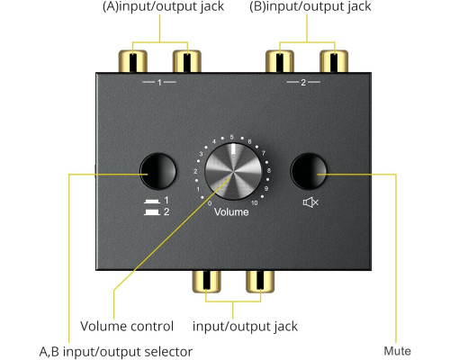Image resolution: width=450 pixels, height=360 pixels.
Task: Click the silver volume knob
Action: (x=233, y=171)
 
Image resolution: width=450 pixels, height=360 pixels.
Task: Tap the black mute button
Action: (x=309, y=171)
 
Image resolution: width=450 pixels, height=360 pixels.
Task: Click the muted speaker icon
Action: (x=310, y=202)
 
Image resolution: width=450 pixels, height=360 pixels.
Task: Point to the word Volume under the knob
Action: (x=231, y=212)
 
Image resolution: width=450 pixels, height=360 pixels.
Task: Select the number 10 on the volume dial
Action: (x=255, y=203)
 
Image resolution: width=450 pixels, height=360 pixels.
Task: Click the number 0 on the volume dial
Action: (x=210, y=203)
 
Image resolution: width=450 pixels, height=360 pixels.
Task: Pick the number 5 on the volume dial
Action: (x=231, y=137)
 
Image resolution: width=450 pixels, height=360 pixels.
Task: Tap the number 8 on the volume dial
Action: (x=269, y=170)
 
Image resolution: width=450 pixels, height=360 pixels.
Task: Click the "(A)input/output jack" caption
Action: (x=163, y=6)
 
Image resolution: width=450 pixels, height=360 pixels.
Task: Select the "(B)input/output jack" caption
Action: (x=310, y=6)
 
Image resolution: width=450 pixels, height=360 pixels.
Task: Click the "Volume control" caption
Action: (x=127, y=326)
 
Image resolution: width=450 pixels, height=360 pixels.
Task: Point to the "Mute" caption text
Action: (x=397, y=351)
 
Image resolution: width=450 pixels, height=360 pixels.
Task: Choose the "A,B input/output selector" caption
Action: (x=116, y=352)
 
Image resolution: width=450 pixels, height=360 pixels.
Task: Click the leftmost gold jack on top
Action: (x=133, y=61)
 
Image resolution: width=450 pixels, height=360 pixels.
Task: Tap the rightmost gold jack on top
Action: (x=334, y=61)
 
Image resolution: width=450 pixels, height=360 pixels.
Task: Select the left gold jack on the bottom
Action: (x=206, y=282)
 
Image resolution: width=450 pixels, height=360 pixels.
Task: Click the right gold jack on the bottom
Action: (x=260, y=282)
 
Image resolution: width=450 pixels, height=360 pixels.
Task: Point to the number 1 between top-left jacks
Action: (x=159, y=82)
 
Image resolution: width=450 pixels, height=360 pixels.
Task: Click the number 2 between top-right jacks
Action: (x=303, y=82)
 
